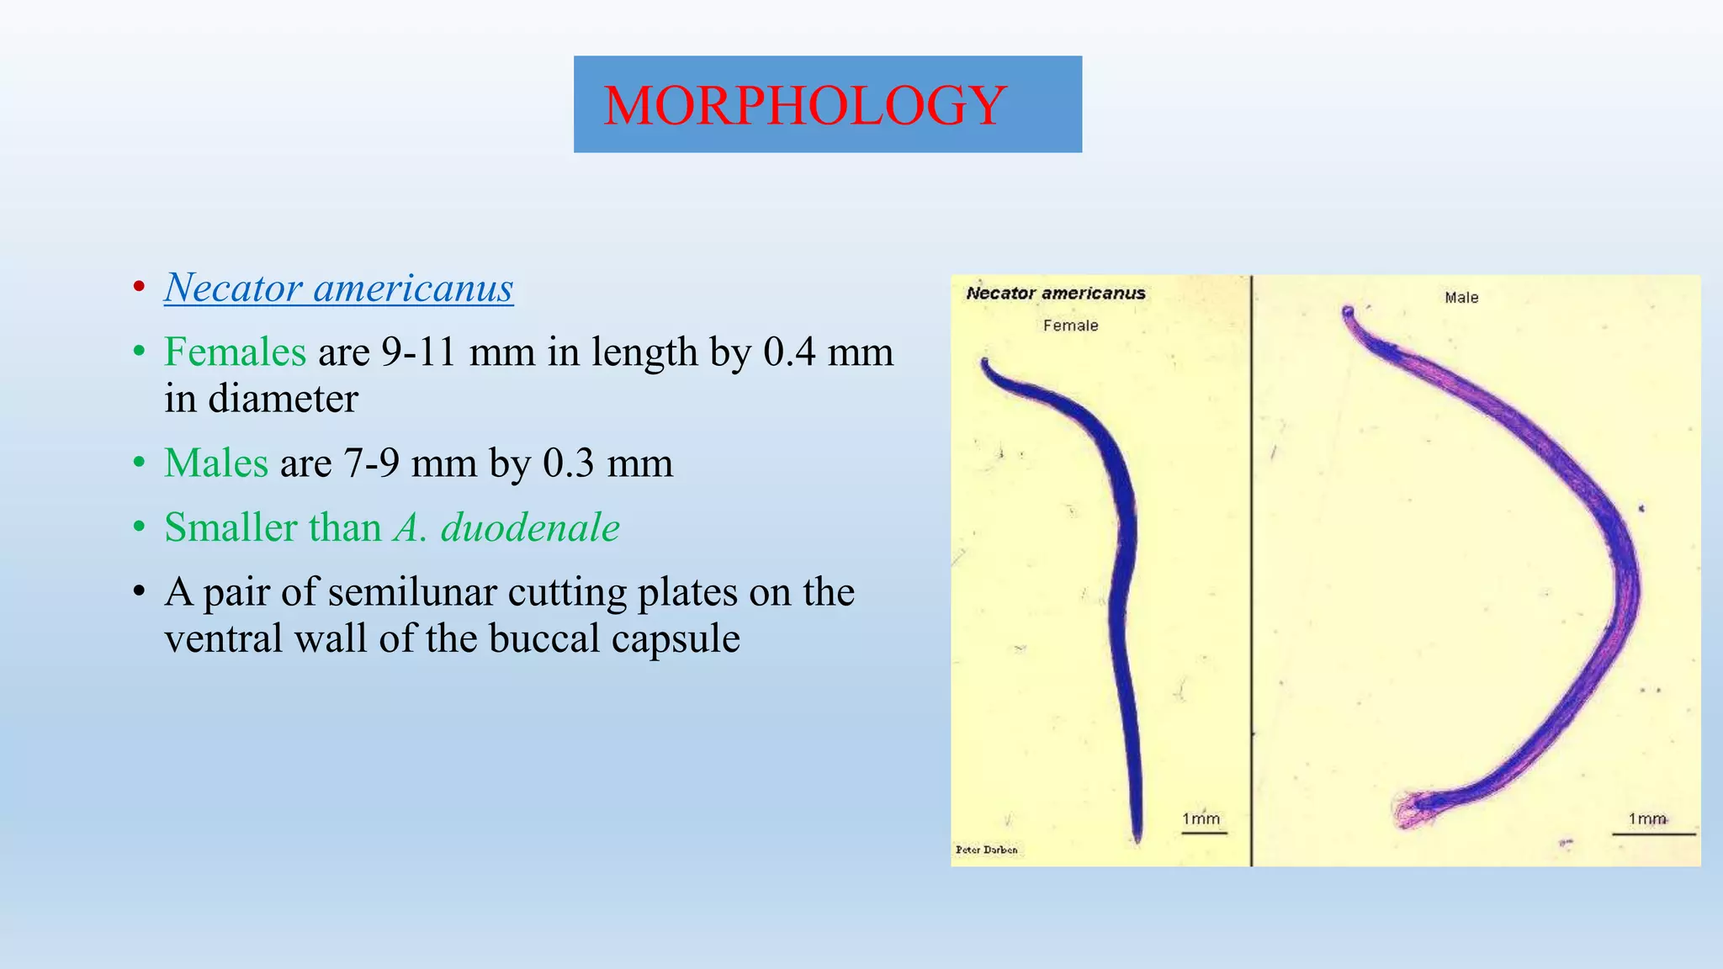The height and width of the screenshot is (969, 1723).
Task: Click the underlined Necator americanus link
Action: tap(338, 288)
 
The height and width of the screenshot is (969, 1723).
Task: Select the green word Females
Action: tap(235, 352)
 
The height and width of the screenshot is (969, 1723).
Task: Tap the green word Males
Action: tap(216, 463)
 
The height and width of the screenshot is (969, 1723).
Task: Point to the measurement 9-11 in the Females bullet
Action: tap(416, 352)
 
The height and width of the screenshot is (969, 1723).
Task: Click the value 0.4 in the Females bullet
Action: tap(789, 352)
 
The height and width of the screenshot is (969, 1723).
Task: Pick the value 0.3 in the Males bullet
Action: tap(569, 463)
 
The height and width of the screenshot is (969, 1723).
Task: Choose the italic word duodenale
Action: tap(530, 527)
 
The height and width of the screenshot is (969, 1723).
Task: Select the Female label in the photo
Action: tap(1070, 326)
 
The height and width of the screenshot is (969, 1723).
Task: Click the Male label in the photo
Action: tap(1461, 298)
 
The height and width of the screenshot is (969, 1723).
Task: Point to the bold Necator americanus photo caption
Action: tap(1055, 294)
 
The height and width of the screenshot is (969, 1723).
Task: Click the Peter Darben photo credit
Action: tap(986, 850)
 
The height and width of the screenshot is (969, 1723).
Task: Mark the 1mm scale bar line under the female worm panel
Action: tap(1204, 833)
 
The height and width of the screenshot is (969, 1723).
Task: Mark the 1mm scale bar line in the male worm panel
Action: tap(1653, 834)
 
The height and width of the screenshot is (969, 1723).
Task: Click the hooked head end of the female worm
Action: tap(986, 365)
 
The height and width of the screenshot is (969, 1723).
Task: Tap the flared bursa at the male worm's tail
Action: tap(1413, 808)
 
